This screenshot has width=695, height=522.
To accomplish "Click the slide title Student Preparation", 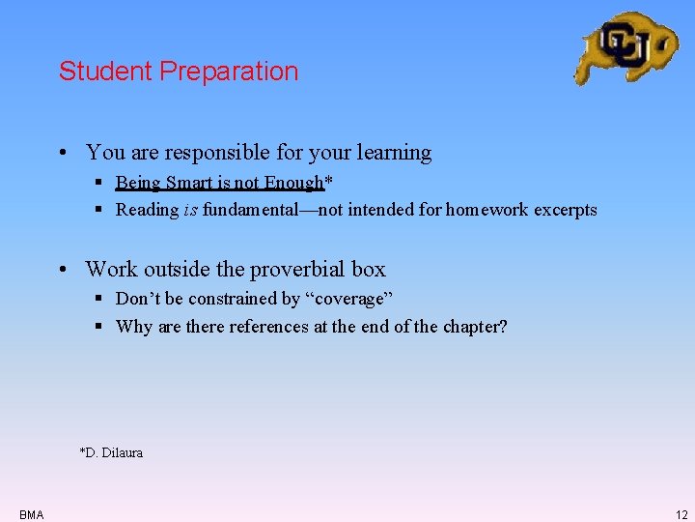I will [x=179, y=72].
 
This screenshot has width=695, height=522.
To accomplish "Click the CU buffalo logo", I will [x=625, y=46].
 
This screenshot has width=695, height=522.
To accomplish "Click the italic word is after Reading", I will [x=190, y=210].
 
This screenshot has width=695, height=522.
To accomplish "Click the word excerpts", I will [x=563, y=210].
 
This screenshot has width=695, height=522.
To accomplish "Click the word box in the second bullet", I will [x=368, y=270].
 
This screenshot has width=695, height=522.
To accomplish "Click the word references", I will [x=267, y=327].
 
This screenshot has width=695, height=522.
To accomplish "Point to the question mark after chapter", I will [x=502, y=327].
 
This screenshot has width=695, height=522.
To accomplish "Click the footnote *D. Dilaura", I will [x=111, y=452].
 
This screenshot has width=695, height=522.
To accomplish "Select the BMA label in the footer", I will [x=31, y=514].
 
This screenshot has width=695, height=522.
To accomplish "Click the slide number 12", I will [x=681, y=514].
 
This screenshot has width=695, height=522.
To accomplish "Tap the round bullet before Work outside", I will [x=61, y=270].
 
